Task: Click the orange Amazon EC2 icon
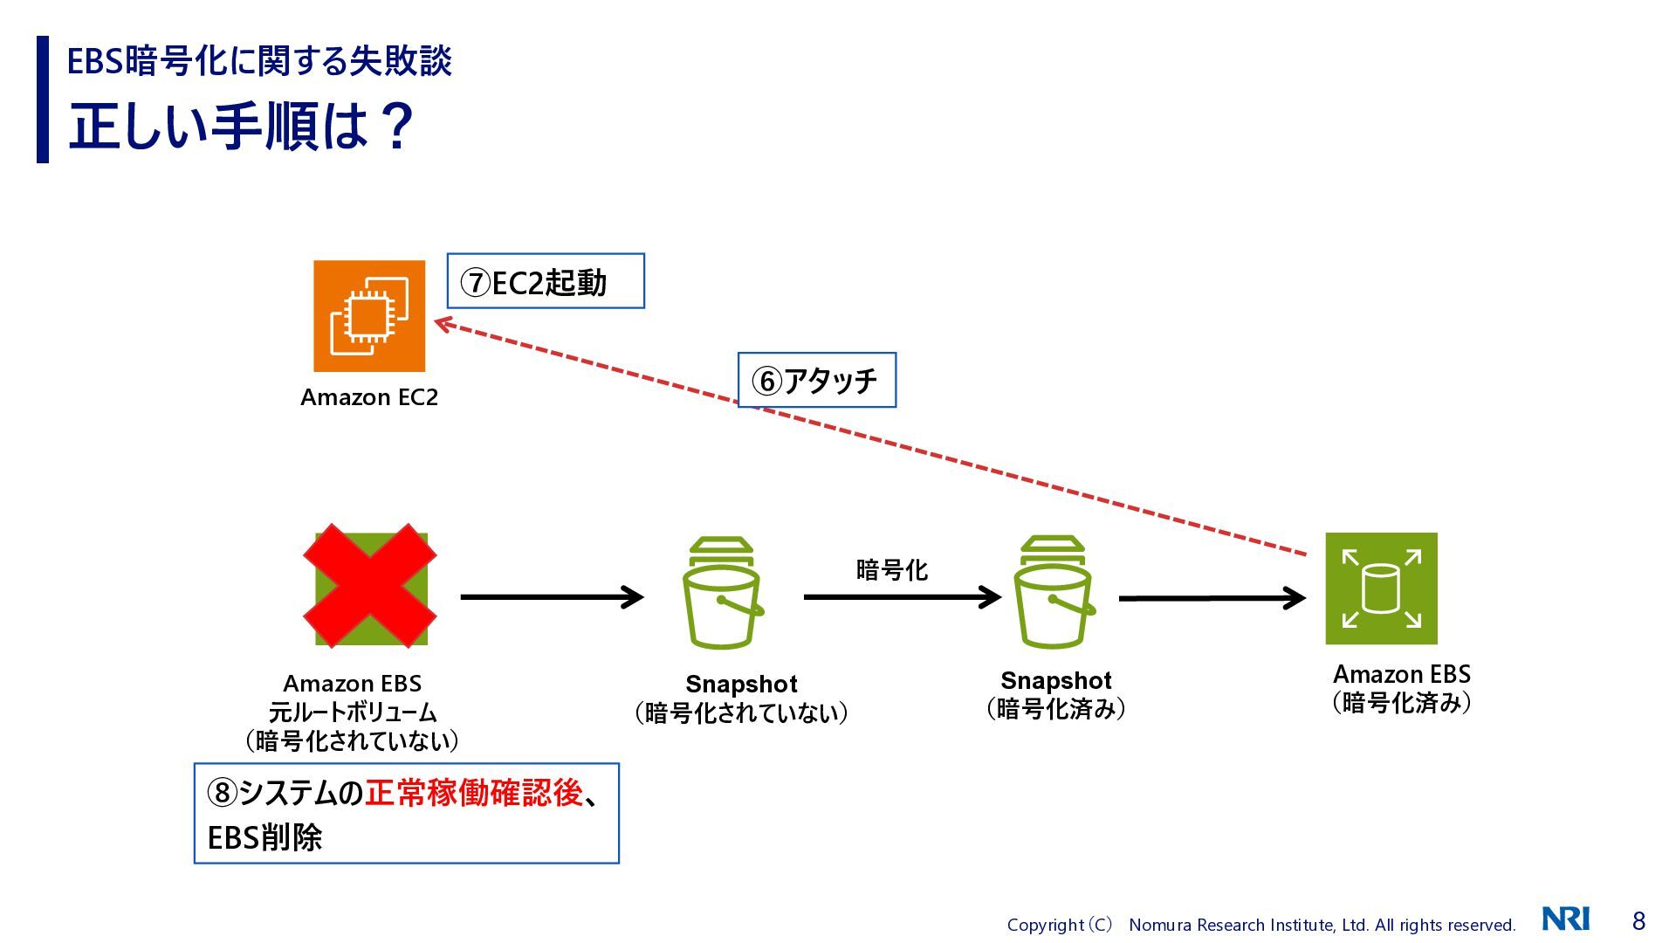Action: (x=369, y=316)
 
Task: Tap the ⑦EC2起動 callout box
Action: (x=546, y=281)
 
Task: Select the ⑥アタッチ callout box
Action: (x=816, y=380)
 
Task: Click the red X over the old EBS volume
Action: (x=370, y=585)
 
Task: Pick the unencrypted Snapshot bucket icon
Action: (x=721, y=594)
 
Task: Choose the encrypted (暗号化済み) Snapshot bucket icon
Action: (x=1053, y=594)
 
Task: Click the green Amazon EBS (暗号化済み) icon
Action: (x=1381, y=589)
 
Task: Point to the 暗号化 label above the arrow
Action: (x=891, y=570)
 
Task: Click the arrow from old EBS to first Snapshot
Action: (x=552, y=597)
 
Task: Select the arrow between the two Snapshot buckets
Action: (x=902, y=597)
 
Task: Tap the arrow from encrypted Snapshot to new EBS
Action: (x=1212, y=598)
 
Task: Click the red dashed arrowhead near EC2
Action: (x=444, y=325)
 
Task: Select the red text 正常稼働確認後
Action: (x=473, y=793)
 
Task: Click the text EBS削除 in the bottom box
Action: (x=264, y=837)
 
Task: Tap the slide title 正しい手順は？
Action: (x=241, y=126)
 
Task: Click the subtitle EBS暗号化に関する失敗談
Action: (x=259, y=61)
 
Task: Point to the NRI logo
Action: (x=1565, y=919)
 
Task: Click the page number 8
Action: (x=1638, y=920)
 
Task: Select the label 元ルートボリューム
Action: (x=353, y=712)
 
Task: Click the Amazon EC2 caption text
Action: (x=369, y=397)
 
